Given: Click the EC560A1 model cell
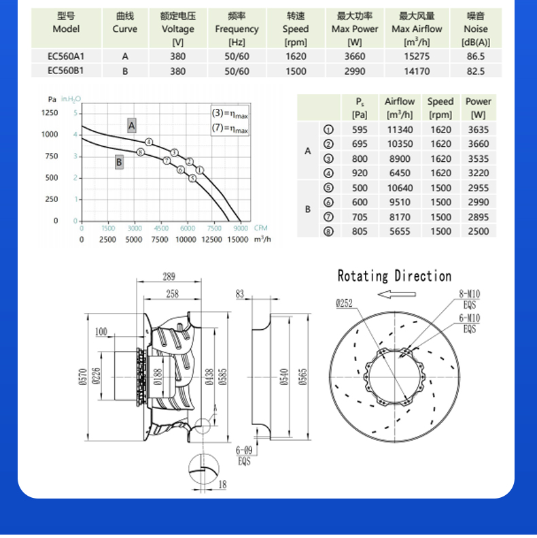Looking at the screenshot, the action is pos(66,56).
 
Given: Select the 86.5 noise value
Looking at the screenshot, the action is pos(476,56).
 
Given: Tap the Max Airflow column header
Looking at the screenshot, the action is pos(417,29).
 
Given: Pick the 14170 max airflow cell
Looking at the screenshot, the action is pos(417,71).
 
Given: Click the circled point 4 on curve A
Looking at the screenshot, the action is pos(148,142).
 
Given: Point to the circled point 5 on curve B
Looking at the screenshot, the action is pos(192,178).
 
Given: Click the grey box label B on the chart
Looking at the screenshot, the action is pos(119,162).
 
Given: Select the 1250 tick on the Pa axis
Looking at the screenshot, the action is pos(50,113).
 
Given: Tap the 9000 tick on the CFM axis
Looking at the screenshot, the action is pos(241,228).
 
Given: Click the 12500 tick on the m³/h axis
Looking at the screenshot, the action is pos(211,239).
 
